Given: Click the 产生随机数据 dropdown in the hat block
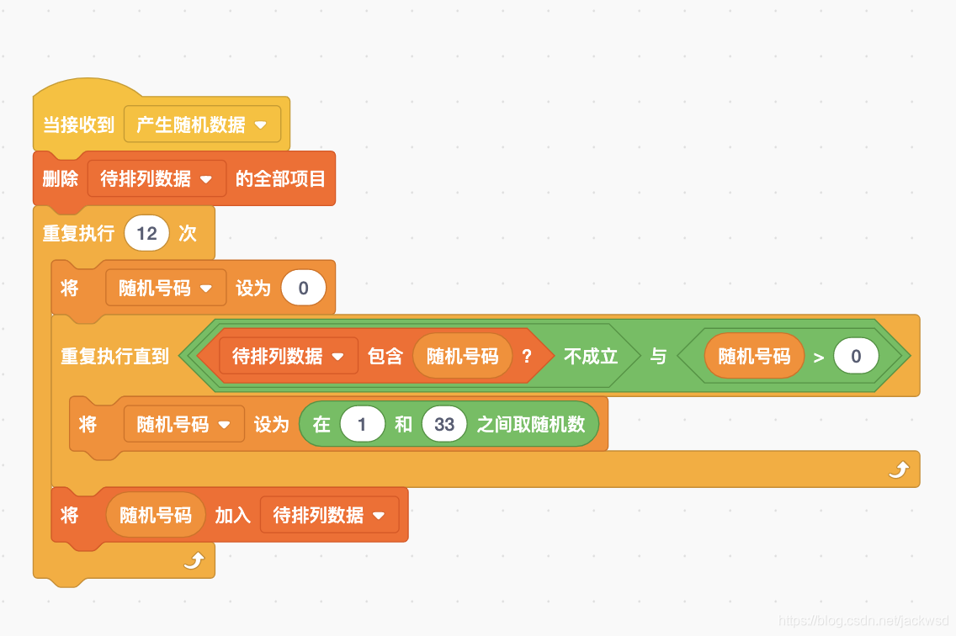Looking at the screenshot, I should point(202,125).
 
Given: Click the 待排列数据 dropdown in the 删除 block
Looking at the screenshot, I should point(157,178).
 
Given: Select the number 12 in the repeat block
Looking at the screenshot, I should point(146,233).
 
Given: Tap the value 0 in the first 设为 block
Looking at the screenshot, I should point(303,288).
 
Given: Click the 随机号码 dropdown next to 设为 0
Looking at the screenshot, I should point(166,288).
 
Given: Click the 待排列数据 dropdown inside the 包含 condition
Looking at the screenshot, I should point(288,356).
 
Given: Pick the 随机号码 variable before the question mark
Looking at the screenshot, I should point(462,356).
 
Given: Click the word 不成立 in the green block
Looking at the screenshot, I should point(591,356).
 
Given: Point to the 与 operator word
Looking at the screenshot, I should point(658,356).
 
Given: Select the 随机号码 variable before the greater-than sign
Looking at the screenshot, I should point(754,356).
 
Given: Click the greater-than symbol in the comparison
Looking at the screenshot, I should point(819,357).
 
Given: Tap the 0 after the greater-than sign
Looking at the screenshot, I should point(856,356).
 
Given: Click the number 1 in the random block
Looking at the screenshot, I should point(362,424).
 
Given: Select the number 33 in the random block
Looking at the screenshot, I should point(444,424).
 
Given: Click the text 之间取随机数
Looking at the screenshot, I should point(531,424).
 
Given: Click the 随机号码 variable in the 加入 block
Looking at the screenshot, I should point(156,515).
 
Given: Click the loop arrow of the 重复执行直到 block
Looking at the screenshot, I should point(898,470).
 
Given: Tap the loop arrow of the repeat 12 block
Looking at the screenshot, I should point(194,561).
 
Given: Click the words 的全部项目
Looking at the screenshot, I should point(280,178).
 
